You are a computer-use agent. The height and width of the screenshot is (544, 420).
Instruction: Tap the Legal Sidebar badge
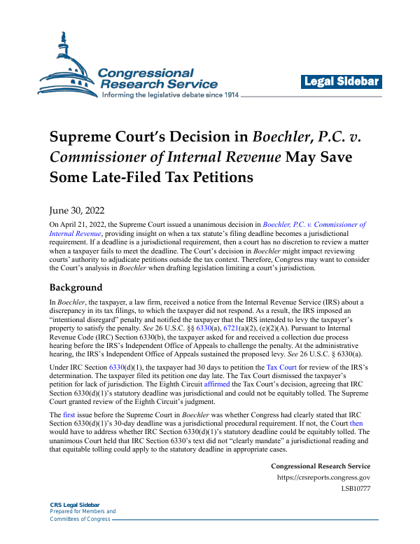pyautogui.click(x=342, y=82)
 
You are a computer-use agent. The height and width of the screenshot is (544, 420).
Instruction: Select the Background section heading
pyautogui.click(x=76, y=288)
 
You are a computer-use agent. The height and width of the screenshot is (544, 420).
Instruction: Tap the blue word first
pyautogui.click(x=68, y=415)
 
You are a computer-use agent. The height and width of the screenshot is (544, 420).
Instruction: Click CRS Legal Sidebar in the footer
pyautogui.click(x=75, y=505)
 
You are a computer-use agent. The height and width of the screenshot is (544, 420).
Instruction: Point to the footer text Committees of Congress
pyautogui.click(x=80, y=519)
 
